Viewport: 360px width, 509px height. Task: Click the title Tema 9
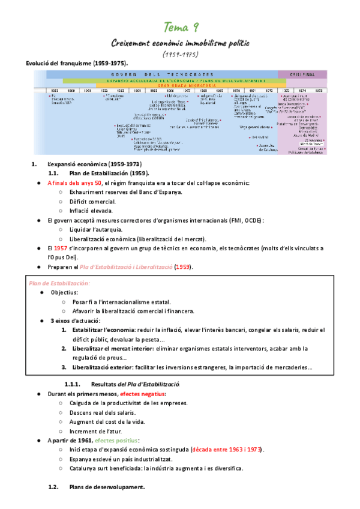point(182,28)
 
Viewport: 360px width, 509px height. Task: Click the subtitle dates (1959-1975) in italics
point(180,55)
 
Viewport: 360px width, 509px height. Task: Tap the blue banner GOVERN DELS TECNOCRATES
point(162,74)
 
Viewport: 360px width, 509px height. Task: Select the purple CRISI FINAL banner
point(302,74)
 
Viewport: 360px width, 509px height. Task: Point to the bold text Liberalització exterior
point(106,367)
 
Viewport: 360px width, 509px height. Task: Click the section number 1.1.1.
point(73,384)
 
